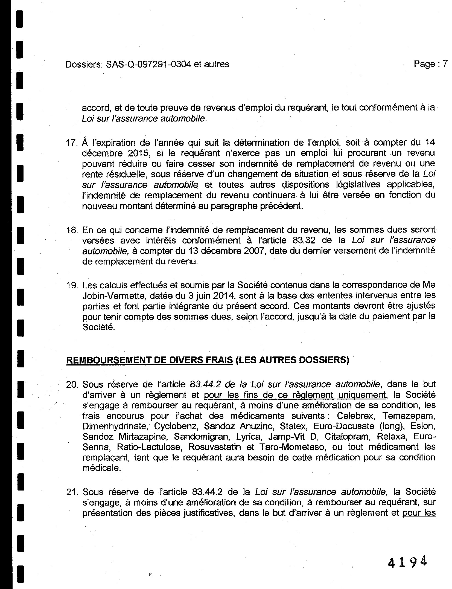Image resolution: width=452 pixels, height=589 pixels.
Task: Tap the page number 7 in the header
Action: coord(445,64)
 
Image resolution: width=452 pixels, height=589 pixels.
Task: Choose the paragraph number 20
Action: coord(72,385)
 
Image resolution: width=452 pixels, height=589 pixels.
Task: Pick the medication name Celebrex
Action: coord(355,416)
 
